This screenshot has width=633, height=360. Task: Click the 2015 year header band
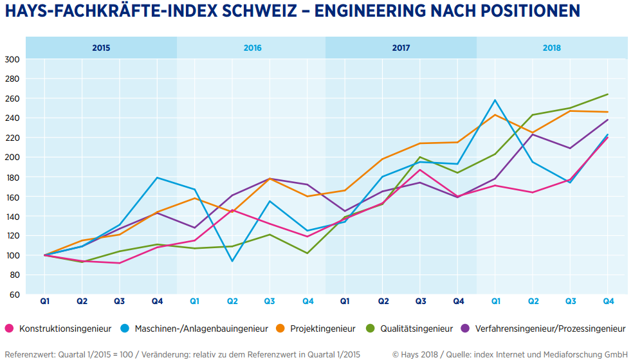pyautogui.click(x=101, y=48)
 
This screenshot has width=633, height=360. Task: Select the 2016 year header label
pyautogui.click(x=252, y=48)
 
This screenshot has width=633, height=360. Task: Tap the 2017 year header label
pyautogui.click(x=401, y=48)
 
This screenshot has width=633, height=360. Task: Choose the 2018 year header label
pyautogui.click(x=551, y=48)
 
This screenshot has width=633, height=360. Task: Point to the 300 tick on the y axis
pyautogui.click(x=12, y=59)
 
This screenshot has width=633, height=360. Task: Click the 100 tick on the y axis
pyautogui.click(x=12, y=255)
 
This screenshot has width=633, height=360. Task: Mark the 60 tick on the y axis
pyautogui.click(x=14, y=294)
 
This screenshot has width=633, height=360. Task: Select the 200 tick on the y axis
pyautogui.click(x=12, y=157)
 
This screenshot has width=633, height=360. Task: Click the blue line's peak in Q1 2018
pyautogui.click(x=495, y=100)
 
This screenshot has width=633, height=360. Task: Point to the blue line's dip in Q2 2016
pyautogui.click(x=232, y=261)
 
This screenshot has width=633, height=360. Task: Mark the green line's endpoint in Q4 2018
pyautogui.click(x=607, y=94)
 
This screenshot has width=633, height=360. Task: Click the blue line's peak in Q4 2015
pyautogui.click(x=157, y=177)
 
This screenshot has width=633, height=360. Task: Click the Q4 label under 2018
pyautogui.click(x=607, y=301)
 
